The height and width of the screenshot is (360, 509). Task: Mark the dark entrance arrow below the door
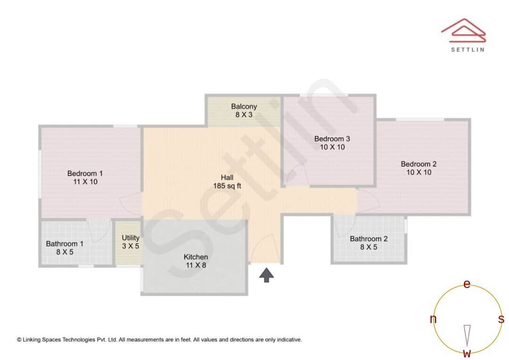[266, 275]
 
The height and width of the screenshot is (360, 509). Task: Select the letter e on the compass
[467, 284]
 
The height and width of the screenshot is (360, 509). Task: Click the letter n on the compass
[433, 319]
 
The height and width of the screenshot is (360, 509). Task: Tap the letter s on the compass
[501, 319]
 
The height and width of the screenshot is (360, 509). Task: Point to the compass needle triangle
[467, 335]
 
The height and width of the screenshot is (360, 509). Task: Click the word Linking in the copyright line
[33, 339]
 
